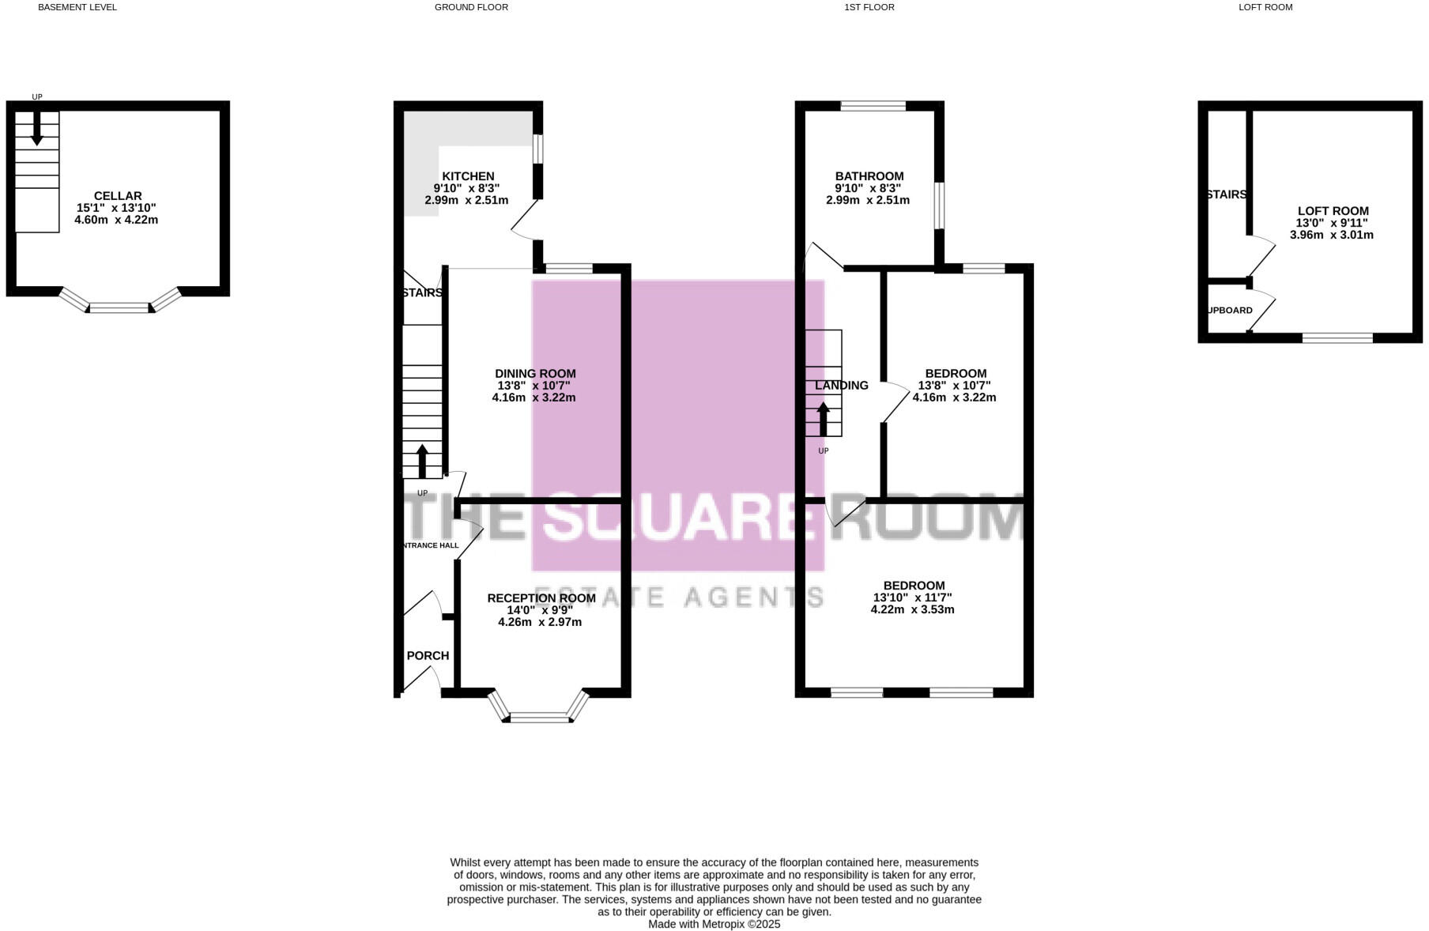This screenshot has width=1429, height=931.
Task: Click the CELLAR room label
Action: [118, 196]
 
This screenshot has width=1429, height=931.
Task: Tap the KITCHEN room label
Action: [468, 176]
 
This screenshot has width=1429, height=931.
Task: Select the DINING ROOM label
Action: [535, 374]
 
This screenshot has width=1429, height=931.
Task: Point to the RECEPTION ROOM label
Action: [541, 598]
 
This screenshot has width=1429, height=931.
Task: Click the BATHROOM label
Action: [869, 176]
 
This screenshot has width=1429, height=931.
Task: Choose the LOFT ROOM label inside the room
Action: [1333, 211]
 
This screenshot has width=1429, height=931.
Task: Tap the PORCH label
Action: [428, 656]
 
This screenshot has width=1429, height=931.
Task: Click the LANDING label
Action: [841, 386]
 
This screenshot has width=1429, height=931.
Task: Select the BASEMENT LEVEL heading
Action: [77, 7]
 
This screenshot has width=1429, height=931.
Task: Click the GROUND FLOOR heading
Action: [471, 7]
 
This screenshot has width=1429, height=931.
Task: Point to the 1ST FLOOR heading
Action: [869, 7]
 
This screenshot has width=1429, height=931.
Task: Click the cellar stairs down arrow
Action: [36, 129]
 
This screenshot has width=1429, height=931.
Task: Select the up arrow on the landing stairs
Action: [823, 419]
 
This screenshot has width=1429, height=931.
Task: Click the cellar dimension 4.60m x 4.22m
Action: [116, 220]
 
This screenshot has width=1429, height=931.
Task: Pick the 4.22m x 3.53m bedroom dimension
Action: [912, 610]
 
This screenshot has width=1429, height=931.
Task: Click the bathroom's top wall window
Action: [873, 106]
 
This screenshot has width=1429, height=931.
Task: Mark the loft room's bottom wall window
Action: [1337, 338]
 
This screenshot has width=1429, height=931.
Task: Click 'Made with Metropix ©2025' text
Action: [714, 924]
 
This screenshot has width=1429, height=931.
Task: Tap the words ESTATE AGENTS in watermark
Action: [679, 597]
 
